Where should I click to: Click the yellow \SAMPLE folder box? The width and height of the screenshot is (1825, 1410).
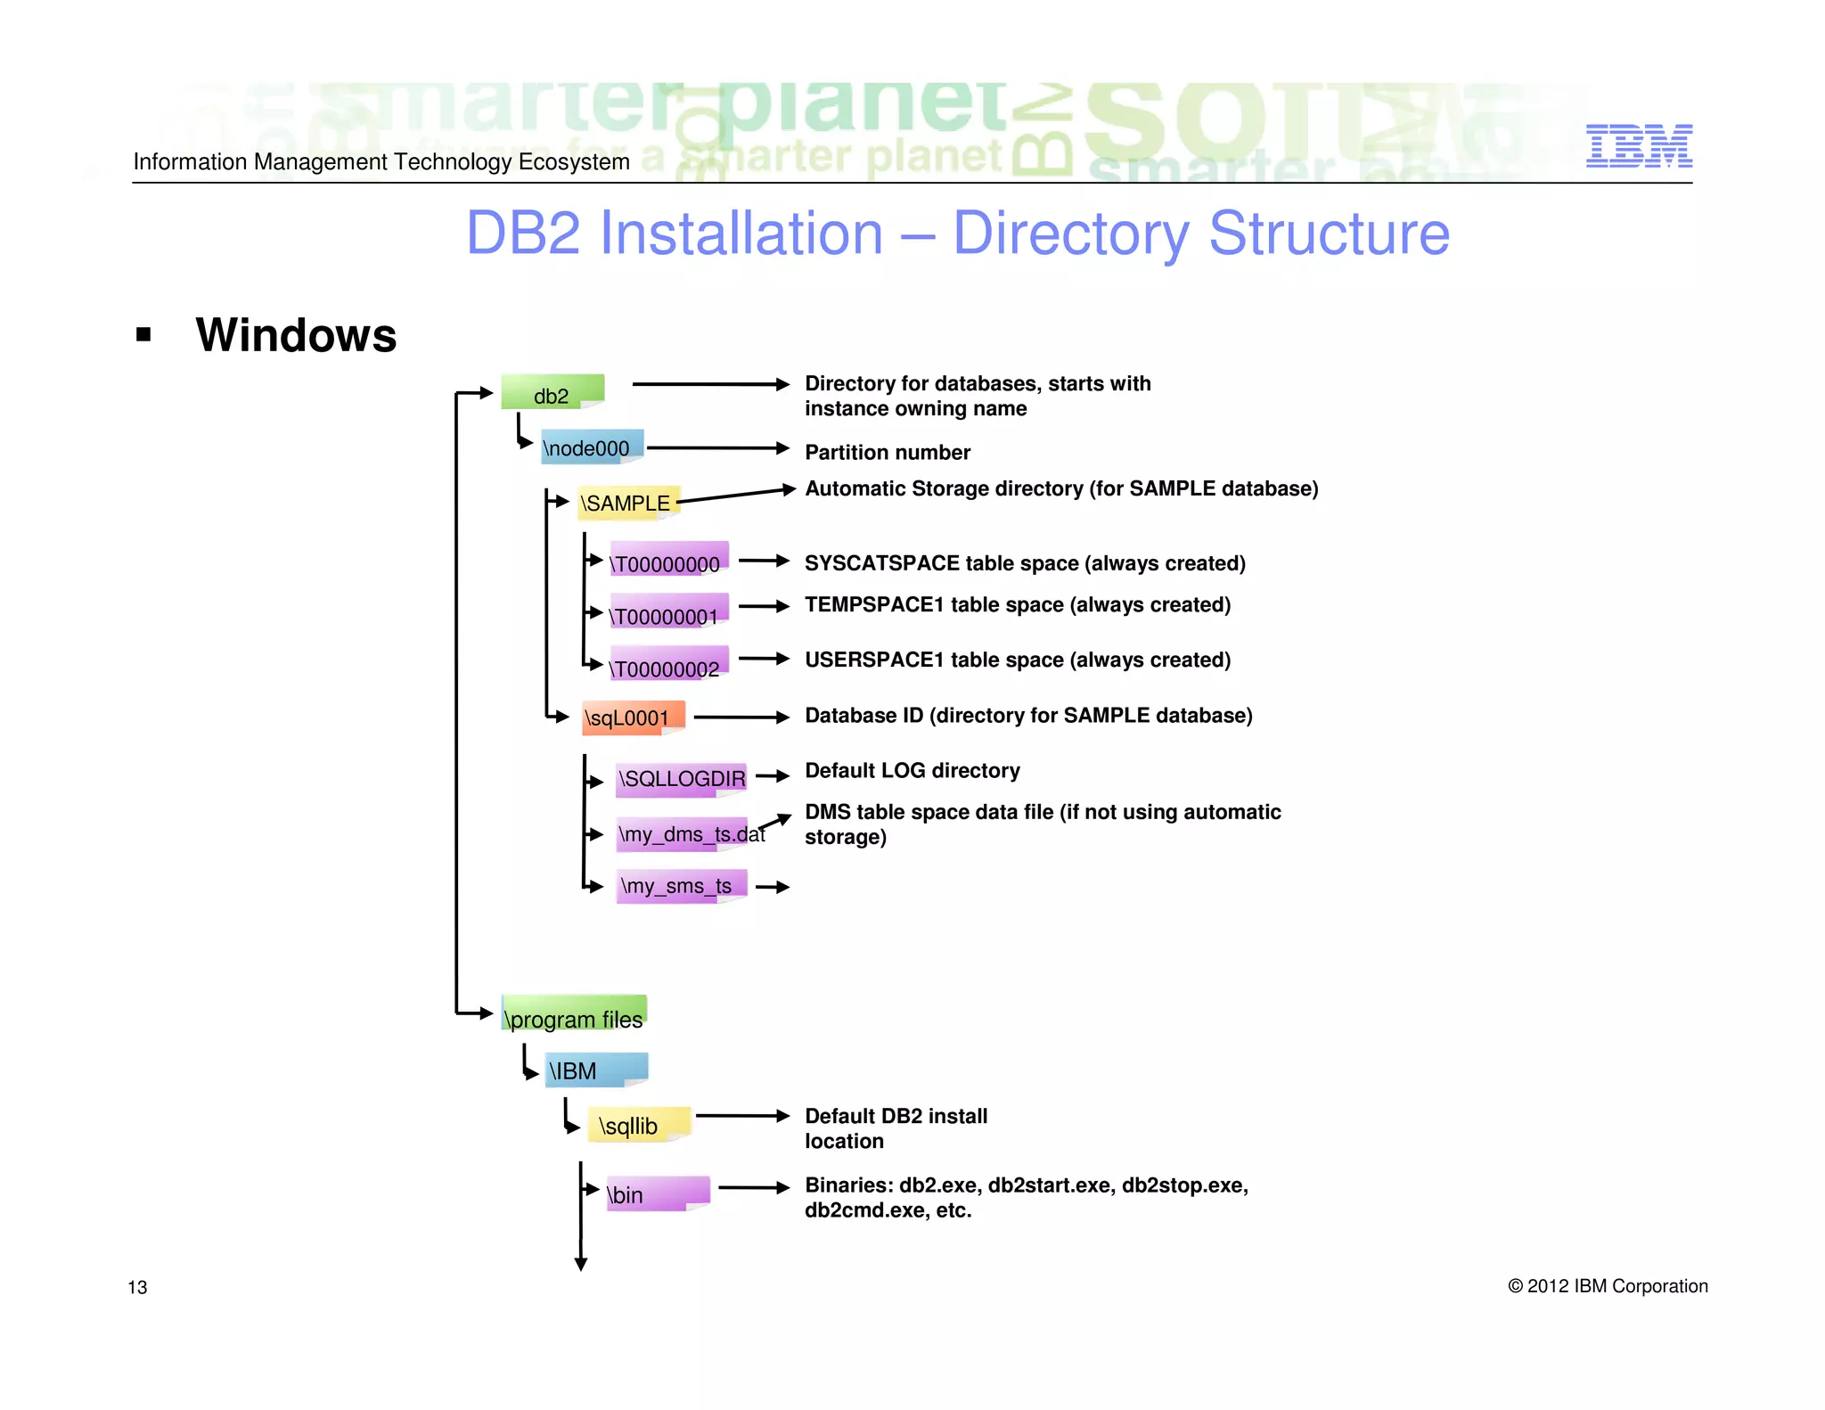(x=627, y=503)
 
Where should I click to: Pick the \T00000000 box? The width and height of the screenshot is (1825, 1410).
(x=668, y=561)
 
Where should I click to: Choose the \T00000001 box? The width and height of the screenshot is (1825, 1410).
(x=668, y=613)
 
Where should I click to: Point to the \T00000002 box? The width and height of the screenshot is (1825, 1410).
(x=668, y=666)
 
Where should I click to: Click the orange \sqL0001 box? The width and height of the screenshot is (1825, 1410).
(x=632, y=717)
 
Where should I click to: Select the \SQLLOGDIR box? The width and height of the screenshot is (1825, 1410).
(x=682, y=778)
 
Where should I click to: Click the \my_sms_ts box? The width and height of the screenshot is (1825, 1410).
(x=680, y=886)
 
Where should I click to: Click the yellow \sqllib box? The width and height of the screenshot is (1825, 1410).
(x=637, y=1125)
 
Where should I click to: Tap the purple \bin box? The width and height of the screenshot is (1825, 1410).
(x=656, y=1193)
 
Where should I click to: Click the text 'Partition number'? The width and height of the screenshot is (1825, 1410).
(x=887, y=453)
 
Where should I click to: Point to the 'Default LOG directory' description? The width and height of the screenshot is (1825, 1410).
(x=912, y=771)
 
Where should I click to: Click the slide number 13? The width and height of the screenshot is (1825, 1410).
(x=137, y=1287)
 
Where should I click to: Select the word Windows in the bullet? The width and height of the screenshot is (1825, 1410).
(x=296, y=335)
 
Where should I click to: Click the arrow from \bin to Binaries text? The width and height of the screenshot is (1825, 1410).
(x=753, y=1187)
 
